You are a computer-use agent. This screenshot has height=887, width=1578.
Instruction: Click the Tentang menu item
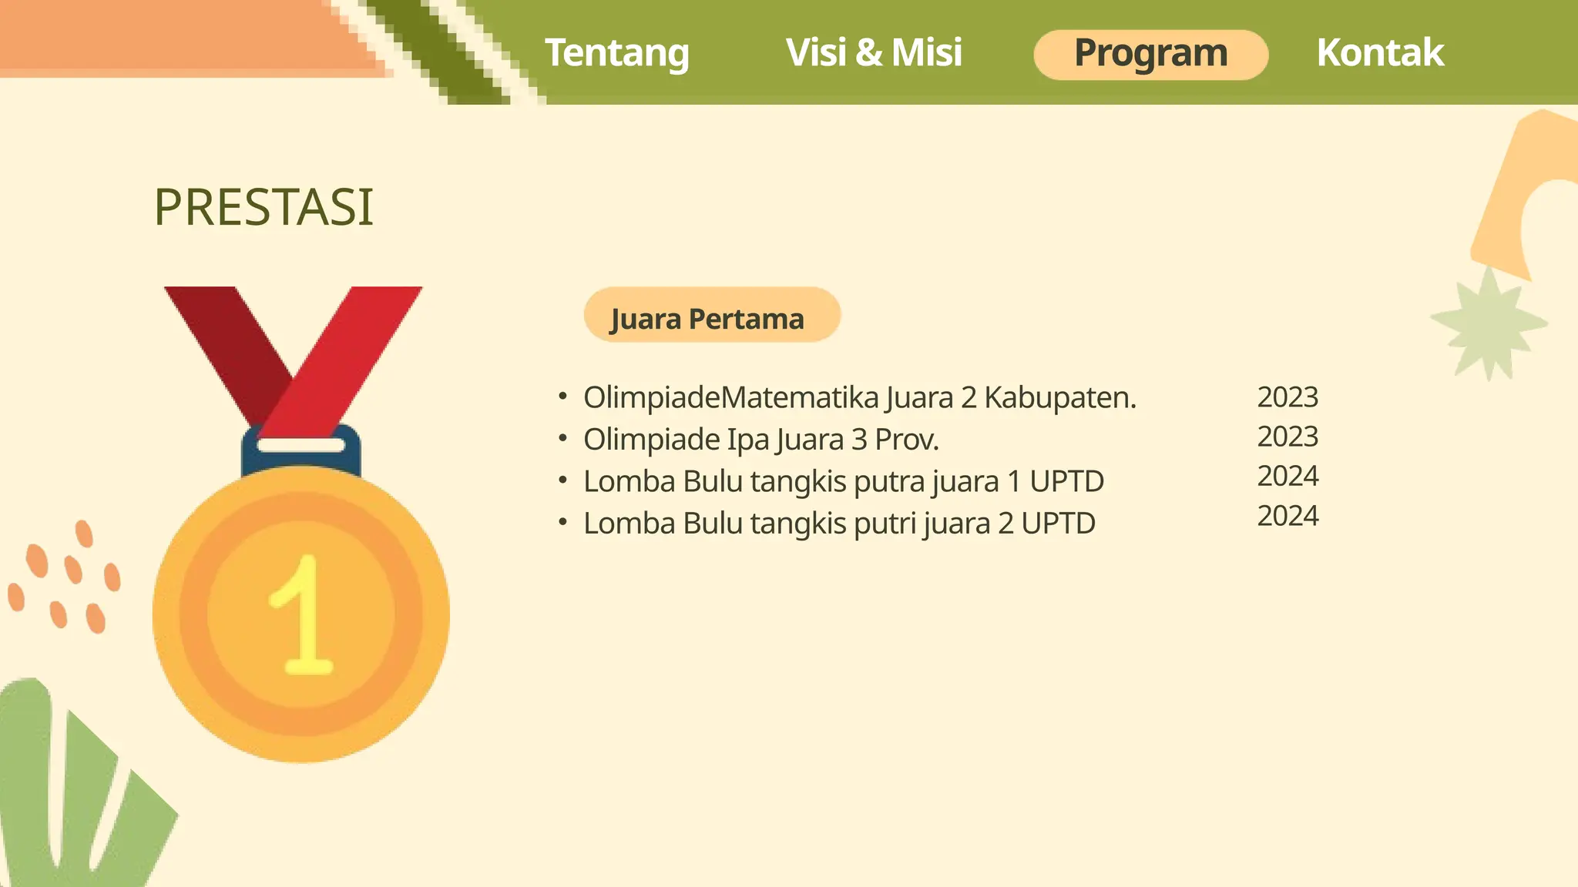pyautogui.click(x=616, y=53)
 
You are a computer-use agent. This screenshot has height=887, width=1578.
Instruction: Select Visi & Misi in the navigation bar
pyautogui.click(x=874, y=53)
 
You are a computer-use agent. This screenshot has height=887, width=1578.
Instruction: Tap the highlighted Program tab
pyautogui.click(x=1150, y=54)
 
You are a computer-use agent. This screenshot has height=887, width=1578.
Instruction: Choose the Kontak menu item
pyautogui.click(x=1379, y=53)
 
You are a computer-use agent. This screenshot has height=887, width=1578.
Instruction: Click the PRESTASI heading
pyautogui.click(x=264, y=207)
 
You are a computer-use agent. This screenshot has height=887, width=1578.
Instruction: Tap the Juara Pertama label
pyautogui.click(x=707, y=318)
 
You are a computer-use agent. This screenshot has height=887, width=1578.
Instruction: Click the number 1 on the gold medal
pyautogui.click(x=303, y=616)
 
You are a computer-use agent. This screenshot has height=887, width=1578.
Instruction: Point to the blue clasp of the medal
pyautogui.click(x=301, y=454)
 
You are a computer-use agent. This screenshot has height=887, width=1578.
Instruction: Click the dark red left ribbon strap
pyautogui.click(x=231, y=346)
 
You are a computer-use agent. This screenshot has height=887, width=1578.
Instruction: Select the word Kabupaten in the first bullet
pyautogui.click(x=1059, y=398)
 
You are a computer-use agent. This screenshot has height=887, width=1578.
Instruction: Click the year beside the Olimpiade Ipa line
pyautogui.click(x=1288, y=437)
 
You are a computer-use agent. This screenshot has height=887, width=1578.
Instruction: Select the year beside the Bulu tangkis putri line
pyautogui.click(x=1288, y=516)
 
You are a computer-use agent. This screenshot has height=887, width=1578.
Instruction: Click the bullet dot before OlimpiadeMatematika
pyautogui.click(x=562, y=397)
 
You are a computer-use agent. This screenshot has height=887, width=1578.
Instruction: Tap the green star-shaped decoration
pyautogui.click(x=1489, y=323)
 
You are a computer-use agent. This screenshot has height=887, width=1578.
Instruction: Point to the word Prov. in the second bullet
pyautogui.click(x=906, y=440)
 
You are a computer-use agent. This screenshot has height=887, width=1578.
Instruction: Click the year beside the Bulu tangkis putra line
pyautogui.click(x=1288, y=477)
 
